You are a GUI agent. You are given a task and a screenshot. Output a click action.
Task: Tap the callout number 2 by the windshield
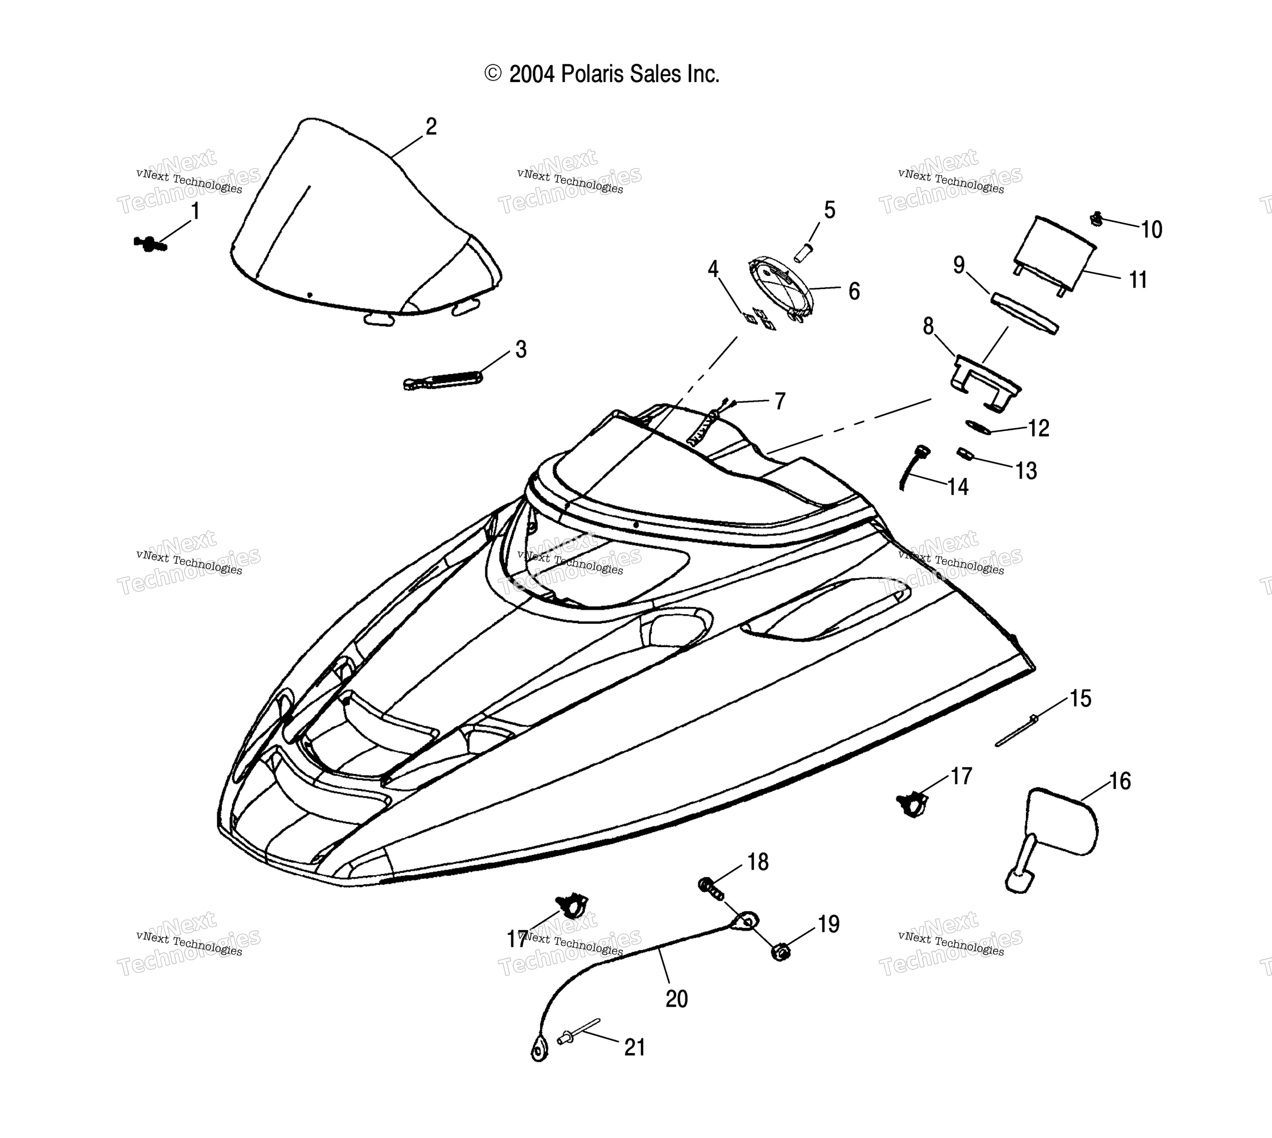tap(431, 127)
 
